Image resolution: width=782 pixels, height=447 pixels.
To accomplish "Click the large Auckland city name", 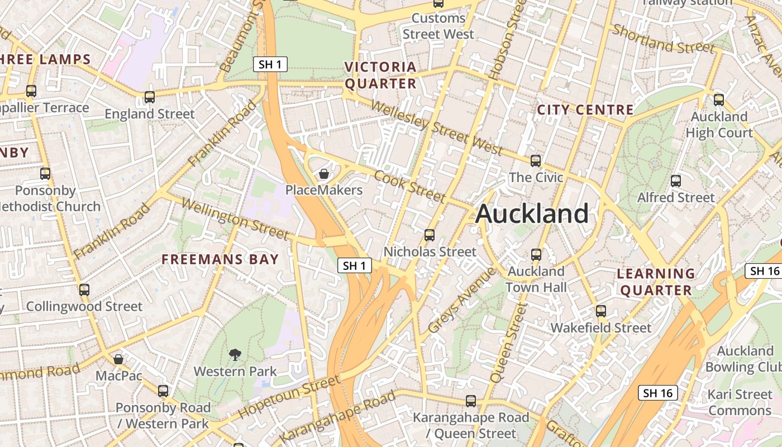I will coord(532,213).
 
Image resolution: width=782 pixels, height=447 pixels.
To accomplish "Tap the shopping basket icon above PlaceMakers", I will coord(323,174).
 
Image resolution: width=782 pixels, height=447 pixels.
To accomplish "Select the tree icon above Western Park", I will coord(235,354).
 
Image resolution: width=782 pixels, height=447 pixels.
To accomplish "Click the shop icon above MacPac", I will coord(118,359).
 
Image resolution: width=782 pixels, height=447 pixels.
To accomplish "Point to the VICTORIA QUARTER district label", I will coord(380,75).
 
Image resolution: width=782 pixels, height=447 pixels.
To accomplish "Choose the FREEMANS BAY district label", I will coord(220,259).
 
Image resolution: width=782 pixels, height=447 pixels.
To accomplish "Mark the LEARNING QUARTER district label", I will coord(656,282).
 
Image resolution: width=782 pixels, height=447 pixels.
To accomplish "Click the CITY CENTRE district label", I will coord(585,110).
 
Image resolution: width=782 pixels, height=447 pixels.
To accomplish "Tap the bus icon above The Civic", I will coord(536,161).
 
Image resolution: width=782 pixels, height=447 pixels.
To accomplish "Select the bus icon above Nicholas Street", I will coord(430,235).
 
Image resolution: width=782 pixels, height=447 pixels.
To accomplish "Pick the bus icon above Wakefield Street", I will coord(601,311).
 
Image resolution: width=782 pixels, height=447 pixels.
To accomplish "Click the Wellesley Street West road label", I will coord(436,127).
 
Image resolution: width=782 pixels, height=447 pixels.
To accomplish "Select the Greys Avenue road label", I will coord(461,300).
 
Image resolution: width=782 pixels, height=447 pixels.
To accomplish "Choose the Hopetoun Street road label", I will coord(289,397).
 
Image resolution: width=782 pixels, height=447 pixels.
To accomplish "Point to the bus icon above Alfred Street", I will coord(676,181).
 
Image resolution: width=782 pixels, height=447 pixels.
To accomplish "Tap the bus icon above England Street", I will coord(150,97).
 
